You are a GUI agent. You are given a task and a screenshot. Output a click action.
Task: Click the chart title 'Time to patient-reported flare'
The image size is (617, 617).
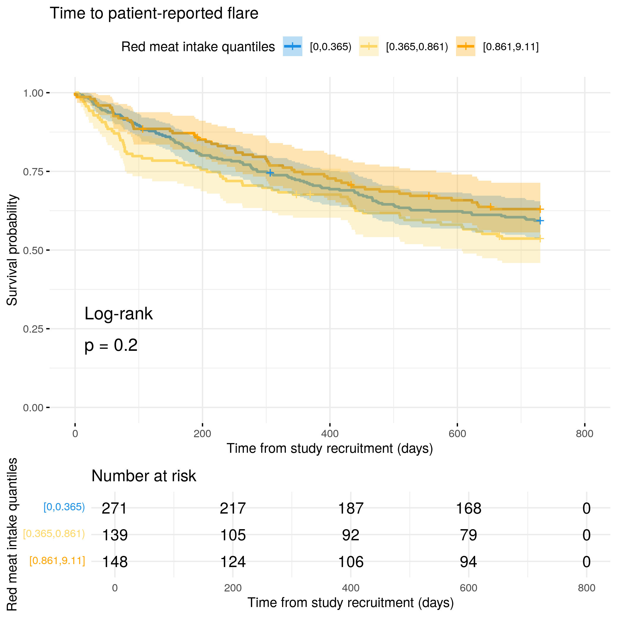tap(154, 14)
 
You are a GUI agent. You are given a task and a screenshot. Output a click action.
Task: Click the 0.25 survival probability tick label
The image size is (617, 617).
tap(33, 329)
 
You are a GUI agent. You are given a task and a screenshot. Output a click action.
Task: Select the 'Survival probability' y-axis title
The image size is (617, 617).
tap(12, 250)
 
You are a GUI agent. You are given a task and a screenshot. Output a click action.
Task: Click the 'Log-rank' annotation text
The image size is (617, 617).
tap(118, 313)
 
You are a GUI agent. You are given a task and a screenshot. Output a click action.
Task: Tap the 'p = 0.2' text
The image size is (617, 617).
tap(111, 345)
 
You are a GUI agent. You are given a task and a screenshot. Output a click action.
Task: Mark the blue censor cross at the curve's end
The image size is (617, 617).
tap(540, 221)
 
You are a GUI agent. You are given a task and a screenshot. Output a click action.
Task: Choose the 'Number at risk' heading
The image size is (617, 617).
tap(143, 476)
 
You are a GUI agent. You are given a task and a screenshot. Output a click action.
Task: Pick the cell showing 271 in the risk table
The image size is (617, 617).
tap(114, 508)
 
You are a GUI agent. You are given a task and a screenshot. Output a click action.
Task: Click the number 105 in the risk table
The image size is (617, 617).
tap(233, 535)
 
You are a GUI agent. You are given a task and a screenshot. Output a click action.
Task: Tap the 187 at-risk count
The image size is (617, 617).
tap(351, 508)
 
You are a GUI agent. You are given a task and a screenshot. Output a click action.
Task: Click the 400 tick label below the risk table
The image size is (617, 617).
tap(351, 588)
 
